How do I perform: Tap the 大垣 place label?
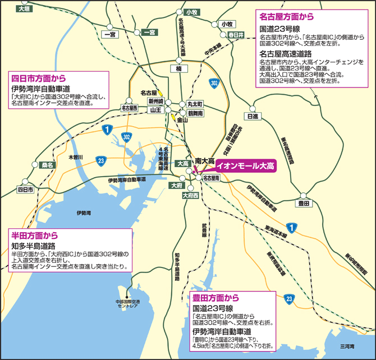point(24,9)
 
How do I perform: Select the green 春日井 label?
point(236,35)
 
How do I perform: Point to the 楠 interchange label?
point(178,68)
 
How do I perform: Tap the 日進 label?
point(253,117)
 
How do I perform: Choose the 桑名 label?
point(48,165)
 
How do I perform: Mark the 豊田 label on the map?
point(304,202)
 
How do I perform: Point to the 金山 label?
point(182,119)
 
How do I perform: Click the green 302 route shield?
point(213,82)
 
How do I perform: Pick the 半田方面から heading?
point(35,235)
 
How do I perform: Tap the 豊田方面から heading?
point(216,297)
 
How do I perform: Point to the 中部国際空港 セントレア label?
point(129,305)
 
